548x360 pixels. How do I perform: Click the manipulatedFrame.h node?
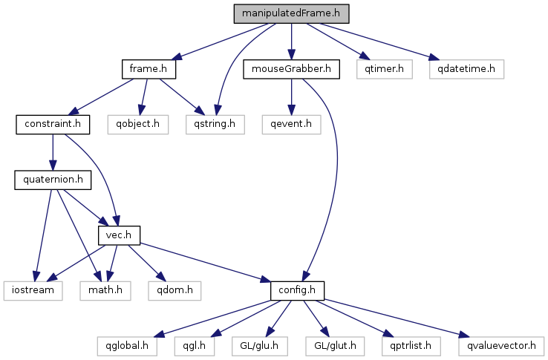click(292, 13)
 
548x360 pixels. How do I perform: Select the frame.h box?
click(149, 69)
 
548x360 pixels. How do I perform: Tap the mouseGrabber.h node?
click(292, 69)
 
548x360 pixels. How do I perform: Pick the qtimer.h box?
click(385, 69)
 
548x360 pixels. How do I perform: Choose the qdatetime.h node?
click(466, 69)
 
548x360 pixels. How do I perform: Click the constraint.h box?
click(53, 125)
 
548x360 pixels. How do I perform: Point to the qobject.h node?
click(137, 125)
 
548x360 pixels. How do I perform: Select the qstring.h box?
click(215, 125)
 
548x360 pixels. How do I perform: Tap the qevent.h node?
click(292, 125)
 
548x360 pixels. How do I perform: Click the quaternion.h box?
click(53, 180)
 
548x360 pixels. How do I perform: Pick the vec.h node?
click(119, 235)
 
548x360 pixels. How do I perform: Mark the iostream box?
click(33, 291)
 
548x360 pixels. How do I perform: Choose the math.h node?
click(105, 291)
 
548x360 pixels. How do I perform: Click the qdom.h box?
click(174, 291)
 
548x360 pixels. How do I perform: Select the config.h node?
click(298, 291)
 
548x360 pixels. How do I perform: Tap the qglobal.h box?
click(127, 347)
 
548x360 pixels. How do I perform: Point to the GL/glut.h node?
click(335, 347)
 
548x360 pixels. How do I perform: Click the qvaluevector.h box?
click(501, 347)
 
